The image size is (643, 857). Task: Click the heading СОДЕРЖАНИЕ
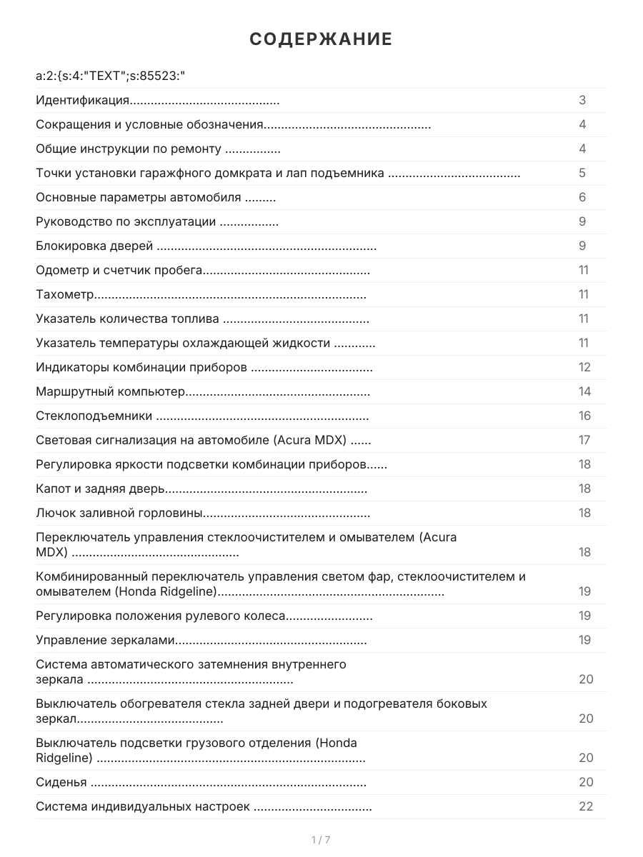(x=321, y=39)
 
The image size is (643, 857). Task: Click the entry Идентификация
(x=82, y=101)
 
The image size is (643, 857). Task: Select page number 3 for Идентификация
(x=582, y=101)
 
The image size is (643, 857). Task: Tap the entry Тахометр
(x=65, y=295)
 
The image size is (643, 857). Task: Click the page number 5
(x=582, y=174)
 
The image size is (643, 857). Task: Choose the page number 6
(x=582, y=198)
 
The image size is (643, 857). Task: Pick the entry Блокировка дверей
(x=94, y=246)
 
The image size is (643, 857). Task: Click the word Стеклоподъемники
(x=94, y=416)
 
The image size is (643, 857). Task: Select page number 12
(x=584, y=368)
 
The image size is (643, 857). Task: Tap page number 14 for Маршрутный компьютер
(x=584, y=392)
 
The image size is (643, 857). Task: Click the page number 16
(x=584, y=416)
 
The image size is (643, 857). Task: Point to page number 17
(x=584, y=441)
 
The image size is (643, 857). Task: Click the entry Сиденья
(x=61, y=783)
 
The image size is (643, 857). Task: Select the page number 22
(x=586, y=807)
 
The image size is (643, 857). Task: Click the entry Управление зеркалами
(x=106, y=641)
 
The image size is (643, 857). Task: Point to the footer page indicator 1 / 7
(x=321, y=840)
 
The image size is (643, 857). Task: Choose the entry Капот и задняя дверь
(x=101, y=489)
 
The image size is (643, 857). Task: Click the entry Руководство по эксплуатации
(x=126, y=222)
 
